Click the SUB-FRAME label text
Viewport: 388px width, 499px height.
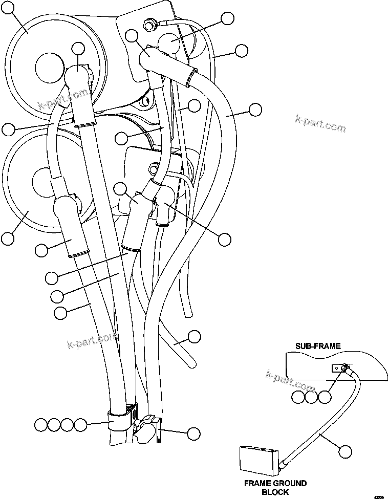317,346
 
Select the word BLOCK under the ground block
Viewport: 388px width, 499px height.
275,492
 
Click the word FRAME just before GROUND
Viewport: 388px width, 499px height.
257,483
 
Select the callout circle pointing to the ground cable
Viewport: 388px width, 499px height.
346,451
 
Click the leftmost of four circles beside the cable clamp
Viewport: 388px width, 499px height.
41,424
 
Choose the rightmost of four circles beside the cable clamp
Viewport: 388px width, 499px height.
80,424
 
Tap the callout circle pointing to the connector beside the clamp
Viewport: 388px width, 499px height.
193,433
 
